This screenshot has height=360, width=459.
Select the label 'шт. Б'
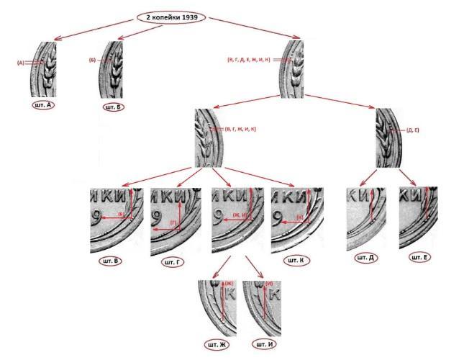pyautogui.click(x=112, y=107)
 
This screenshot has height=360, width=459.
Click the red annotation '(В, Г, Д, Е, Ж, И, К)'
pyautogui.click(x=248, y=59)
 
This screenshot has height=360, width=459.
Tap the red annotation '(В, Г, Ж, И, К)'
pyautogui.click(x=240, y=129)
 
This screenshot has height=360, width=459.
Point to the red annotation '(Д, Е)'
pyautogui.click(x=413, y=130)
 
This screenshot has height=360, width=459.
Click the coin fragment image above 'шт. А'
pyautogui.click(x=44, y=69)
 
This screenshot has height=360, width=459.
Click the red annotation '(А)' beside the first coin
pyautogui.click(x=21, y=63)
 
